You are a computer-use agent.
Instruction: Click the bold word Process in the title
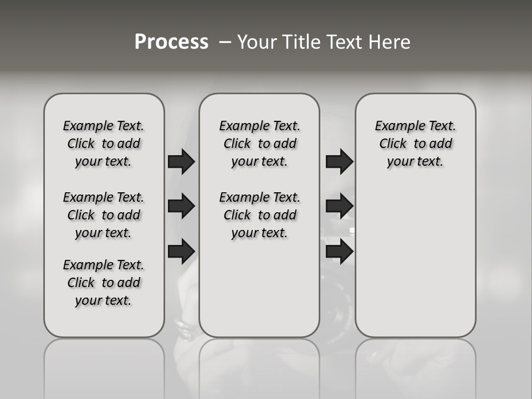click(171, 42)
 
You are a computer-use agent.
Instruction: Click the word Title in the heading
click(303, 42)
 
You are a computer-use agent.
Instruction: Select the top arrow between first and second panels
click(181, 161)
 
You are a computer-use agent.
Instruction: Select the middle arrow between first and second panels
click(181, 206)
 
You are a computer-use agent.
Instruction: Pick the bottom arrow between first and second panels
click(181, 251)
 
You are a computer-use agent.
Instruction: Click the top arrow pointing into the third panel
click(339, 161)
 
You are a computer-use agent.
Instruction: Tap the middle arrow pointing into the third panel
click(339, 206)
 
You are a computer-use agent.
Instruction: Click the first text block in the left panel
click(104, 144)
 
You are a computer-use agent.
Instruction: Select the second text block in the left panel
click(104, 215)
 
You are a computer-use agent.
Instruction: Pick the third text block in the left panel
click(104, 283)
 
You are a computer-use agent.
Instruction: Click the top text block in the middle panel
click(259, 144)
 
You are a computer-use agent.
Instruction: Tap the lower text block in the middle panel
click(259, 215)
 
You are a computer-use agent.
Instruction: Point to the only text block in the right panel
click(415, 144)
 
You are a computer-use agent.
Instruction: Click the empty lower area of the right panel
click(415, 260)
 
